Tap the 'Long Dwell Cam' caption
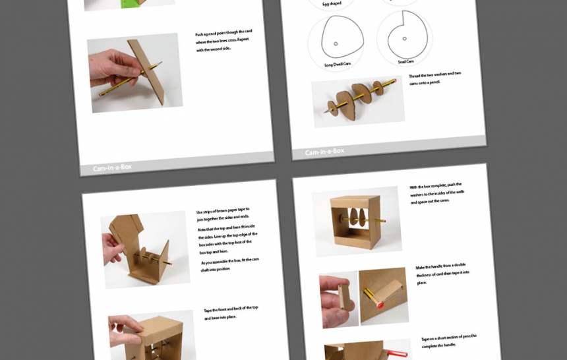point(338,65)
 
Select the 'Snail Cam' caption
point(405,61)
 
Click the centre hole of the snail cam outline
point(404,38)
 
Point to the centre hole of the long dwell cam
point(336,44)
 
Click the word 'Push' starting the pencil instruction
point(200,34)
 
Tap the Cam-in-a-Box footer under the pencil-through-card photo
point(112,167)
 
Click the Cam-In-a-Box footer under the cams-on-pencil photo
point(324,152)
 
